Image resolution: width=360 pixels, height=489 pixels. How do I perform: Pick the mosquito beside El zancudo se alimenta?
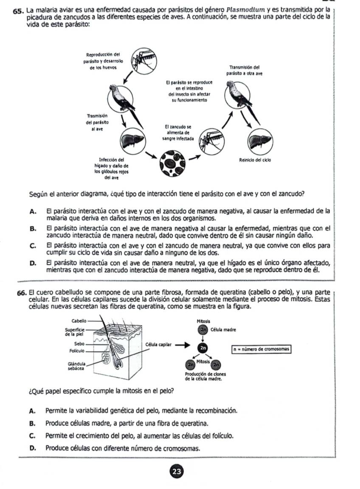(x=210, y=136)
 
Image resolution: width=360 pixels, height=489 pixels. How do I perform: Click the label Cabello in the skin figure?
(x=79, y=321)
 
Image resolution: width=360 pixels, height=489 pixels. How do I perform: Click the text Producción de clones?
(x=205, y=374)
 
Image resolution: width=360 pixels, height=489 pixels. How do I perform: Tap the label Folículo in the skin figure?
(x=78, y=351)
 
